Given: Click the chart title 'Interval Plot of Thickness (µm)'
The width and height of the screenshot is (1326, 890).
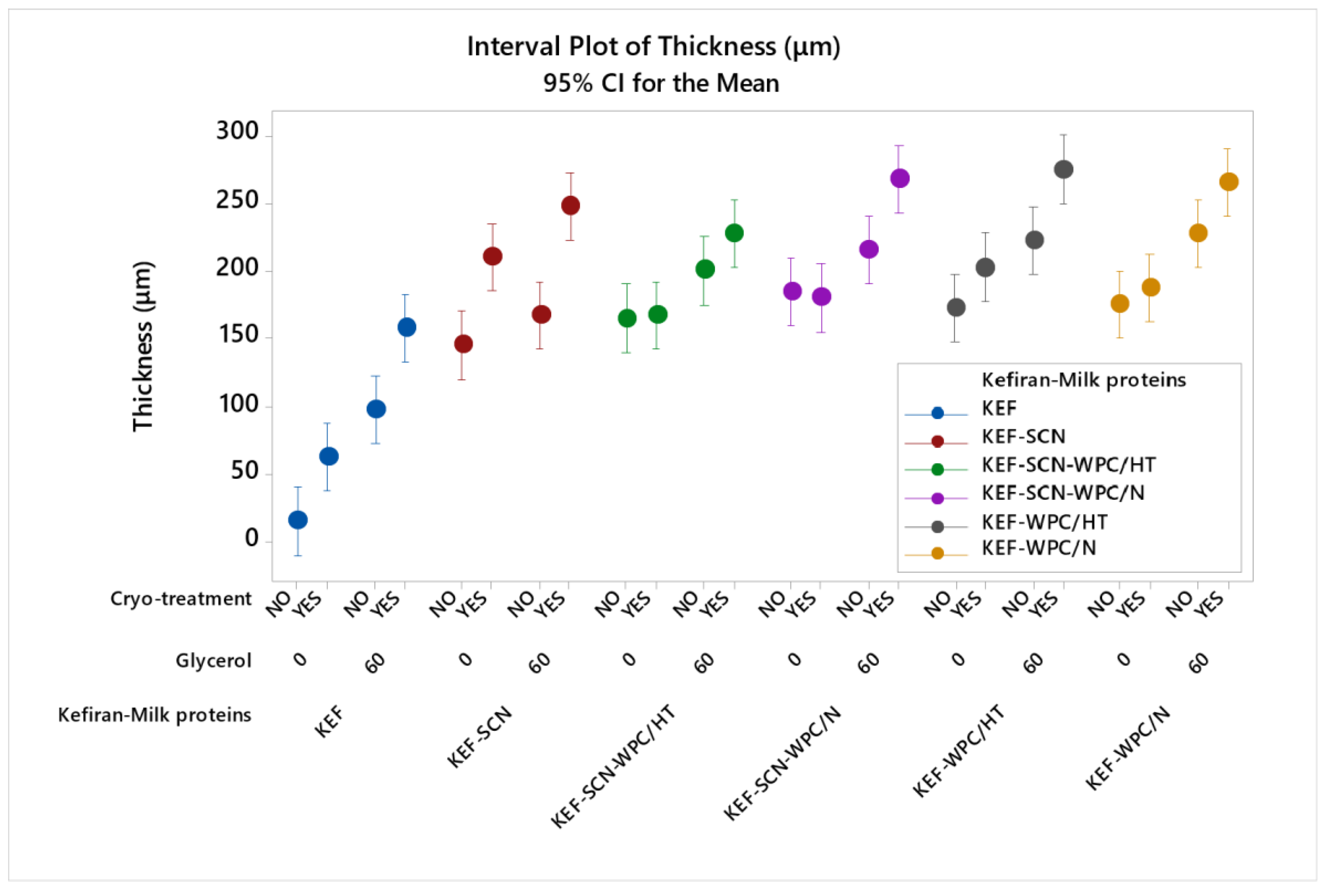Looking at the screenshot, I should coord(653,46).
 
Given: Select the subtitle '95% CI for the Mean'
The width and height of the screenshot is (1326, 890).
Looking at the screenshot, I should coord(661,83).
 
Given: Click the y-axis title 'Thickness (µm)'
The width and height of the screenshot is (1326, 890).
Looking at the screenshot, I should coord(143,347).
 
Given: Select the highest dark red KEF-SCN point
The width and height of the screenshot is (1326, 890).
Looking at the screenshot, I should coord(570,206).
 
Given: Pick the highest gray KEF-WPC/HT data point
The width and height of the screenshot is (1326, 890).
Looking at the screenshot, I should coord(1063,169).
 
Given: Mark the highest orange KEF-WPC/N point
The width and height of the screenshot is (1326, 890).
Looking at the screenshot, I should coord(1228,182).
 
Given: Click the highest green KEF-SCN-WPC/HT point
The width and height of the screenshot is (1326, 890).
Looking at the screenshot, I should coord(734,233).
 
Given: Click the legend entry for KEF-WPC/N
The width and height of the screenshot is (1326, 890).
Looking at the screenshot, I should coord(1038,548).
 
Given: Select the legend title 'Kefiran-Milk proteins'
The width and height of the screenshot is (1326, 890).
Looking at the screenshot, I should coord(1083,380).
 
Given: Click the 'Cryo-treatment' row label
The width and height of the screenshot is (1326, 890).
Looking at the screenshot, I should coord(181,599).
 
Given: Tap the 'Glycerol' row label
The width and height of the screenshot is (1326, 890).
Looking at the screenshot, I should coord(213,661).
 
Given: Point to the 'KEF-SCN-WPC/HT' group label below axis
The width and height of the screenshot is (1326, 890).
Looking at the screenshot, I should coord(613,766).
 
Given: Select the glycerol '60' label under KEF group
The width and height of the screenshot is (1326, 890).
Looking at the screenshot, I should coord(375,662).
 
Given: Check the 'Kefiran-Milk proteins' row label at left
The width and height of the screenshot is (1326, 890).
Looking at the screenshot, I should coord(154,715).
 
